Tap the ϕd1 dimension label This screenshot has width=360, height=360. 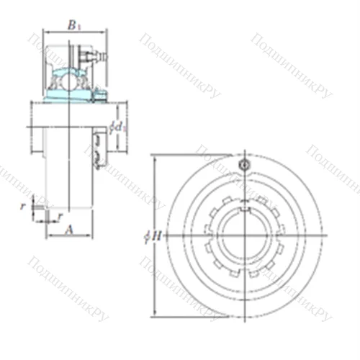(117, 127)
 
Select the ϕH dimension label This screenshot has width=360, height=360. (148, 235)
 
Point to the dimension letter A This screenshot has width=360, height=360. (70, 230)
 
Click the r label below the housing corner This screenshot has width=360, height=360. (59, 215)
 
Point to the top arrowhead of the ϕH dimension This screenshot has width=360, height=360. (155, 158)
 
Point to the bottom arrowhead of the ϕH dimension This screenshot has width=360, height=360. (155, 312)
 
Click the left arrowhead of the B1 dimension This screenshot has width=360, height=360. (45, 31)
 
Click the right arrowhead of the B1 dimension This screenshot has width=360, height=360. (106, 31)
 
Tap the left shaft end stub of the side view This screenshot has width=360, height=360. (36, 137)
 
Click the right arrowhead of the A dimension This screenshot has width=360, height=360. (91, 235)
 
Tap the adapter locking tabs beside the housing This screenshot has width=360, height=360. (98, 148)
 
